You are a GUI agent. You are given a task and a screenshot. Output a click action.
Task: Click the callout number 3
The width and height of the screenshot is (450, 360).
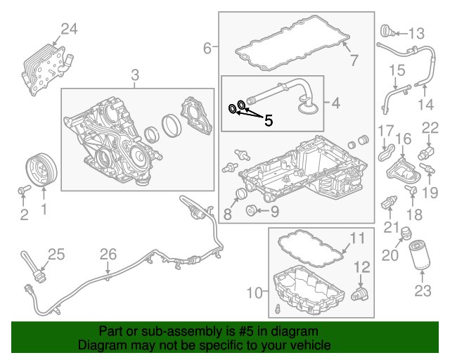tap(135, 74)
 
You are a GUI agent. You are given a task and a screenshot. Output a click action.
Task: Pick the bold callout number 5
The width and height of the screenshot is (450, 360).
tap(268, 120)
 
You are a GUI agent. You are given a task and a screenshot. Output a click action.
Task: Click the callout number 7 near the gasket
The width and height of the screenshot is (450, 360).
tap(354, 60)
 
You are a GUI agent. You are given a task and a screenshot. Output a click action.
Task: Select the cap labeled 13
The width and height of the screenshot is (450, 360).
tap(386, 31)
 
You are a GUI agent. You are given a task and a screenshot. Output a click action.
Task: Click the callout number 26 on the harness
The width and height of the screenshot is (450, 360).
tap(108, 254)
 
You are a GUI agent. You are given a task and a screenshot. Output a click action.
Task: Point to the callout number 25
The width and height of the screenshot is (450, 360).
tap(56, 254)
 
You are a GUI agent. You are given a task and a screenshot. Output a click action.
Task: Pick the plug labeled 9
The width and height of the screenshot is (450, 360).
tap(250, 210)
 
